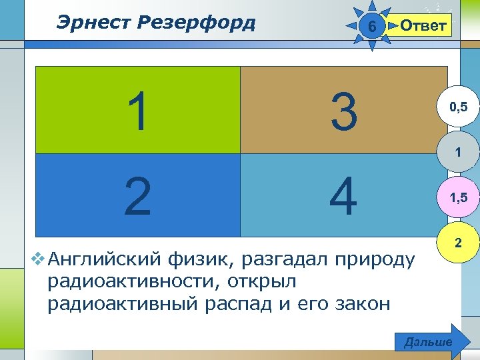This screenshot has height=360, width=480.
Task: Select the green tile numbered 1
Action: coord(137,111)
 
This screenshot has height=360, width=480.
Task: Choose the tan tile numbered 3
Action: coord(343,111)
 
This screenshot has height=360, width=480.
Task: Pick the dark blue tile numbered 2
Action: coord(137,196)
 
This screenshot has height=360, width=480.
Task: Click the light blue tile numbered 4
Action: coord(343,196)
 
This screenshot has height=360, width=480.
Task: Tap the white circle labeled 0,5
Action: coord(457,106)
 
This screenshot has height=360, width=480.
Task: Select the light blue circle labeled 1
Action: coord(457,153)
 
